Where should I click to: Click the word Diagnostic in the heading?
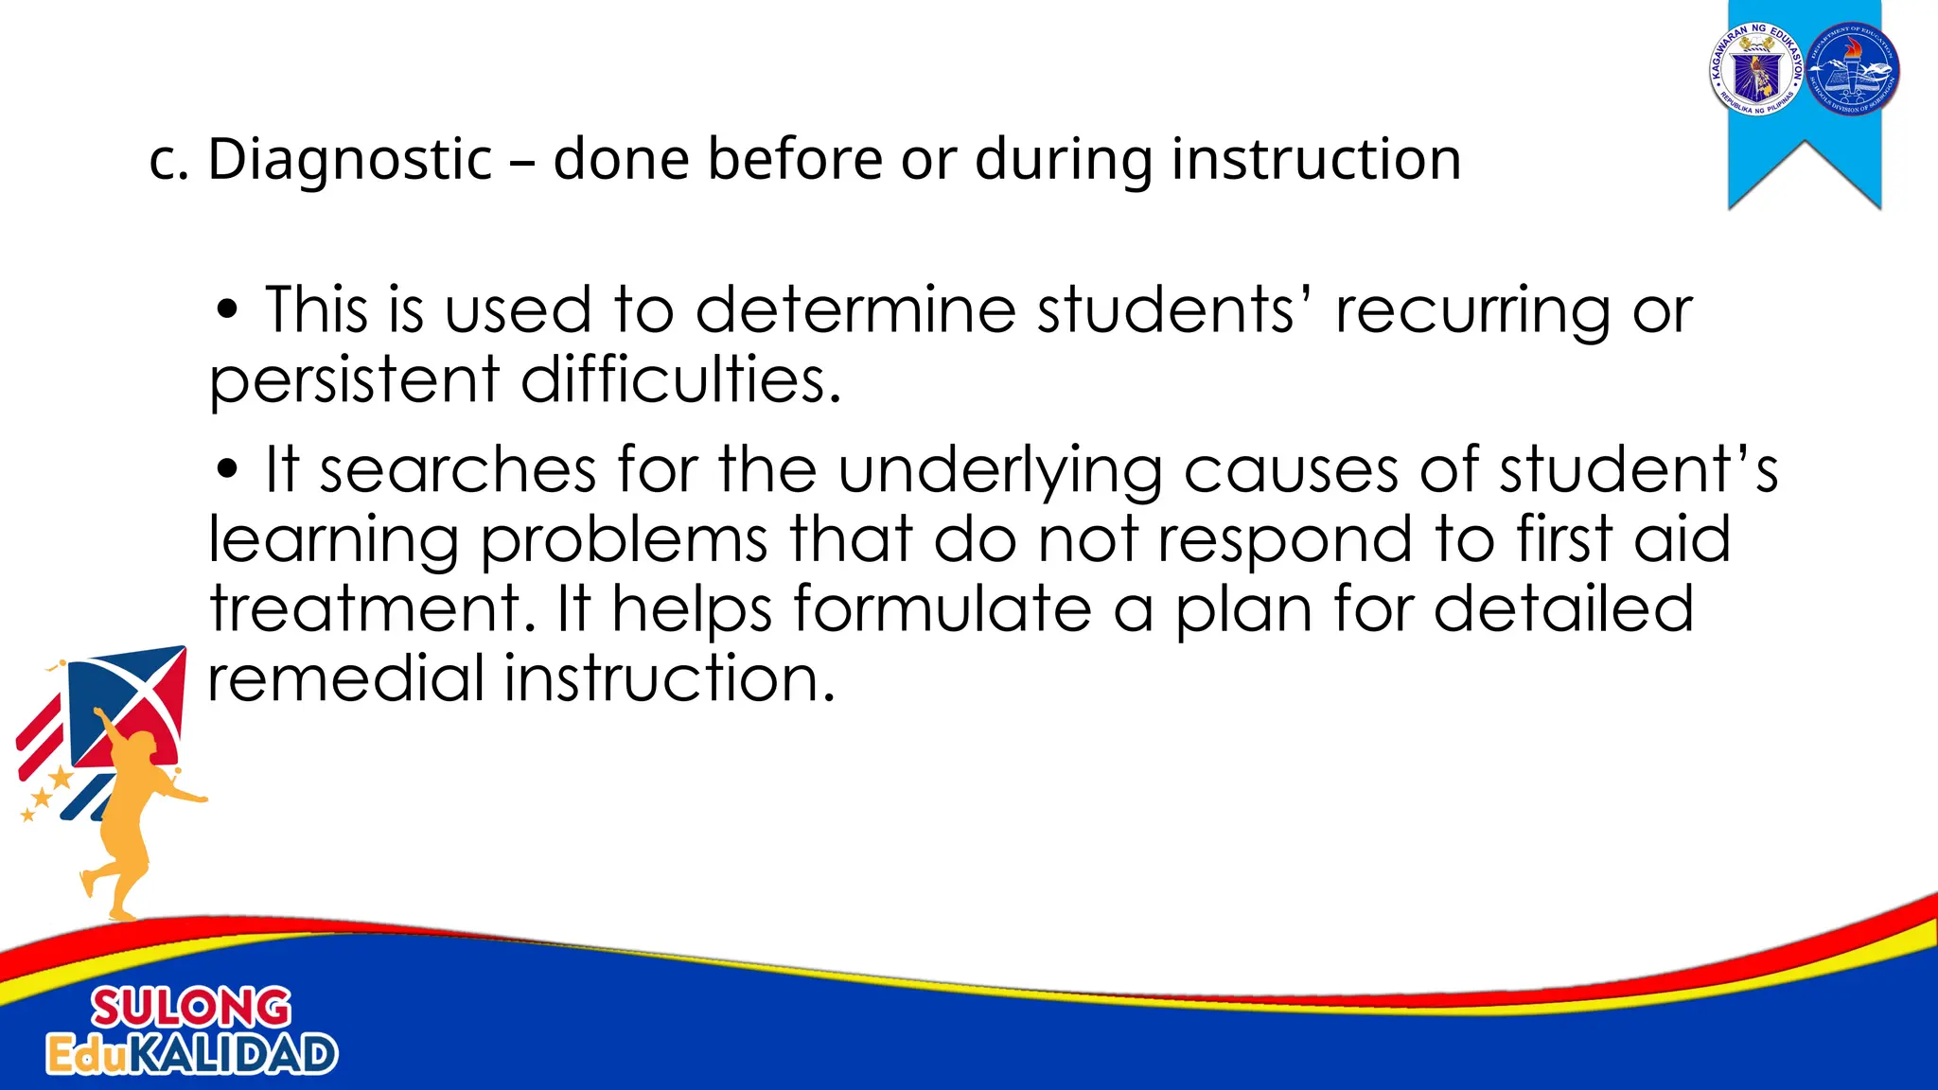tap(350, 159)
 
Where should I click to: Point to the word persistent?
tap(354, 380)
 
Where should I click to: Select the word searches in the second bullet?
tap(458, 469)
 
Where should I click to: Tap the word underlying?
tap(1000, 471)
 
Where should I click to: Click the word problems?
tap(624, 540)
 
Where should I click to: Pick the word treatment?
tap(365, 608)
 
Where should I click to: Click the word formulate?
tap(943, 608)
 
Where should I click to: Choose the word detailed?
tap(1563, 608)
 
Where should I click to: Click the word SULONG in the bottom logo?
tap(191, 1009)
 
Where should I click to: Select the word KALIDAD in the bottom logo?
tap(232, 1054)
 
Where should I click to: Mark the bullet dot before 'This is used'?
tap(226, 311)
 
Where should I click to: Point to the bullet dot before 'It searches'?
tap(226, 470)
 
